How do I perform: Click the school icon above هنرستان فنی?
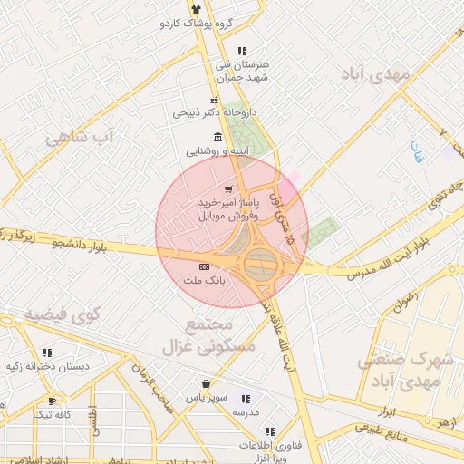click(x=240, y=51)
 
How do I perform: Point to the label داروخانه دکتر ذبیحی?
click(x=215, y=113)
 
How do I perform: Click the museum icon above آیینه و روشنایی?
click(x=217, y=137)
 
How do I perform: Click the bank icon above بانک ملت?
click(x=204, y=266)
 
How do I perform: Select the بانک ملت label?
click(x=204, y=282)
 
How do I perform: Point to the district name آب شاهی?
click(x=81, y=137)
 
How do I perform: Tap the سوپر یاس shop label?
click(x=207, y=398)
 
